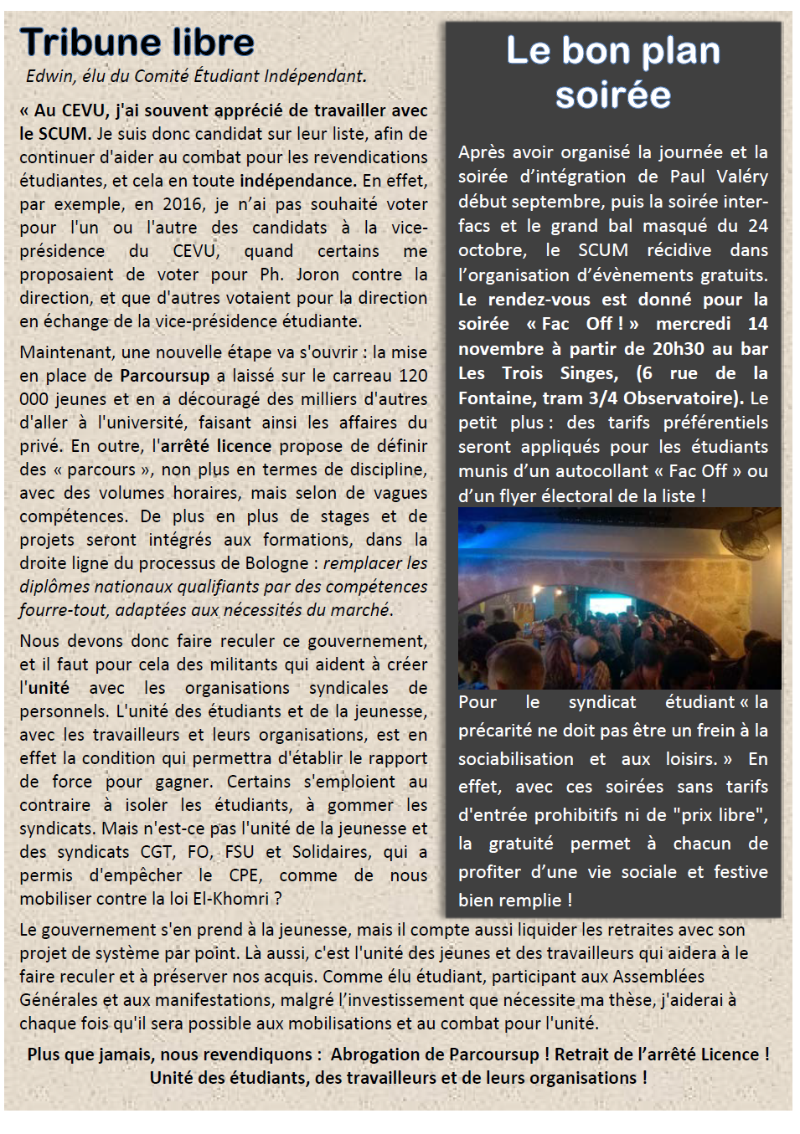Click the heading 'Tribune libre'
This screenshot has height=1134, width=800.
point(137,42)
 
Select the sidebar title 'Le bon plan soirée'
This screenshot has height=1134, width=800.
point(613,72)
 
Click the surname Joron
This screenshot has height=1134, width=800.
point(317,275)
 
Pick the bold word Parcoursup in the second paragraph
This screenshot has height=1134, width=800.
point(164,376)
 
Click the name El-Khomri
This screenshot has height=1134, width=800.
point(235,899)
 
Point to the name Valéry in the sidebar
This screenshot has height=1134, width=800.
point(741,177)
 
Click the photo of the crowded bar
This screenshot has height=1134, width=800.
point(619,598)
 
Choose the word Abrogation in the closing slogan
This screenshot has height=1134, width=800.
point(374,1054)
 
